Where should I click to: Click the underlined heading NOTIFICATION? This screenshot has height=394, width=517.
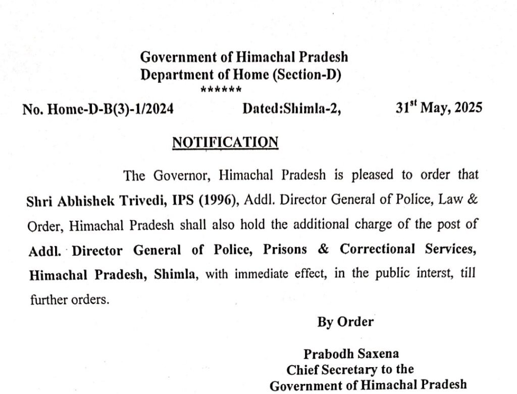tap(225, 142)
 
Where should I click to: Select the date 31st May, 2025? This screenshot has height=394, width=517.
tap(439, 108)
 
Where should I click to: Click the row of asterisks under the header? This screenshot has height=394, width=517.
tap(221, 90)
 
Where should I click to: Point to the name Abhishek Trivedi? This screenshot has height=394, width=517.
tap(103, 201)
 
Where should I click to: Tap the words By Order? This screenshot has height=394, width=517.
tap(345, 322)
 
